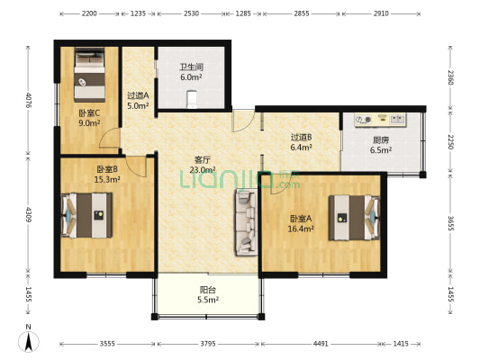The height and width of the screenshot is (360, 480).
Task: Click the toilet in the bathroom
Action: tap(192, 99)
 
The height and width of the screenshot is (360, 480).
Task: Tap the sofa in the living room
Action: tap(246, 222)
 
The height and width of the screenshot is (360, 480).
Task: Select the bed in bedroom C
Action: tap(90, 75)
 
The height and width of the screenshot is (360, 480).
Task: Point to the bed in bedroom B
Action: tap(86, 215)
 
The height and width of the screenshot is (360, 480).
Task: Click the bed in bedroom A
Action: tap(355, 218)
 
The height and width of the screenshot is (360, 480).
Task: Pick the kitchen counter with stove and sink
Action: tap(381, 120)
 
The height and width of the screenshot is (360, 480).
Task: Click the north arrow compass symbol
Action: tap(29, 339)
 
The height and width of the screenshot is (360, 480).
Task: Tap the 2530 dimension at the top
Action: tap(191, 13)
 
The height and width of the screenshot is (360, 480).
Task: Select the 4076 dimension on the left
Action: tap(29, 100)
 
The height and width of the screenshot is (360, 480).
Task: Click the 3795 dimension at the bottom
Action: tap(208, 344)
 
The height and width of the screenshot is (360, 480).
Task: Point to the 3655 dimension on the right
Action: tap(450, 223)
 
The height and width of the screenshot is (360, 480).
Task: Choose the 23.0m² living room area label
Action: tap(203, 169)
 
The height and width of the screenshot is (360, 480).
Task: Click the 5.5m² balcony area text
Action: tap(208, 300)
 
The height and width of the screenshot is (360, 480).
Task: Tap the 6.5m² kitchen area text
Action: tap(381, 150)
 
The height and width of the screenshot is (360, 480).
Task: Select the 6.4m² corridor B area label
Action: tap(301, 147)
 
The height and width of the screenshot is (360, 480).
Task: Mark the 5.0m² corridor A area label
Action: tap(138, 106)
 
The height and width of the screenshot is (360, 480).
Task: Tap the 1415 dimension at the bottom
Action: tap(401, 344)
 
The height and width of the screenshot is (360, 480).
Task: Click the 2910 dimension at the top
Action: tap(381, 13)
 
